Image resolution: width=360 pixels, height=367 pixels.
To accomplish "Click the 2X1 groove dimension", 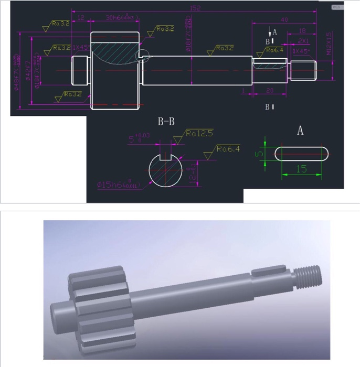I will tap(303, 40).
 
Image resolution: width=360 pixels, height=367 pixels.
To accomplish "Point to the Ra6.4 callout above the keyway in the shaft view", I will tap(274, 50).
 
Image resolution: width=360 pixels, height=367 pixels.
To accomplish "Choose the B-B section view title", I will tap(166, 122).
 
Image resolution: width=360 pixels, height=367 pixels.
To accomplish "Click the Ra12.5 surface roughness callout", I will tap(199, 134).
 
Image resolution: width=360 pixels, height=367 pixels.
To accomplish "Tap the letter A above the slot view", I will tap(300, 131).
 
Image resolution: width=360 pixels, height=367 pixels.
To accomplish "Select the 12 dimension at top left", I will tap(81, 17).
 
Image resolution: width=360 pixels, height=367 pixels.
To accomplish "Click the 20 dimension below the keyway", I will tap(269, 91).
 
